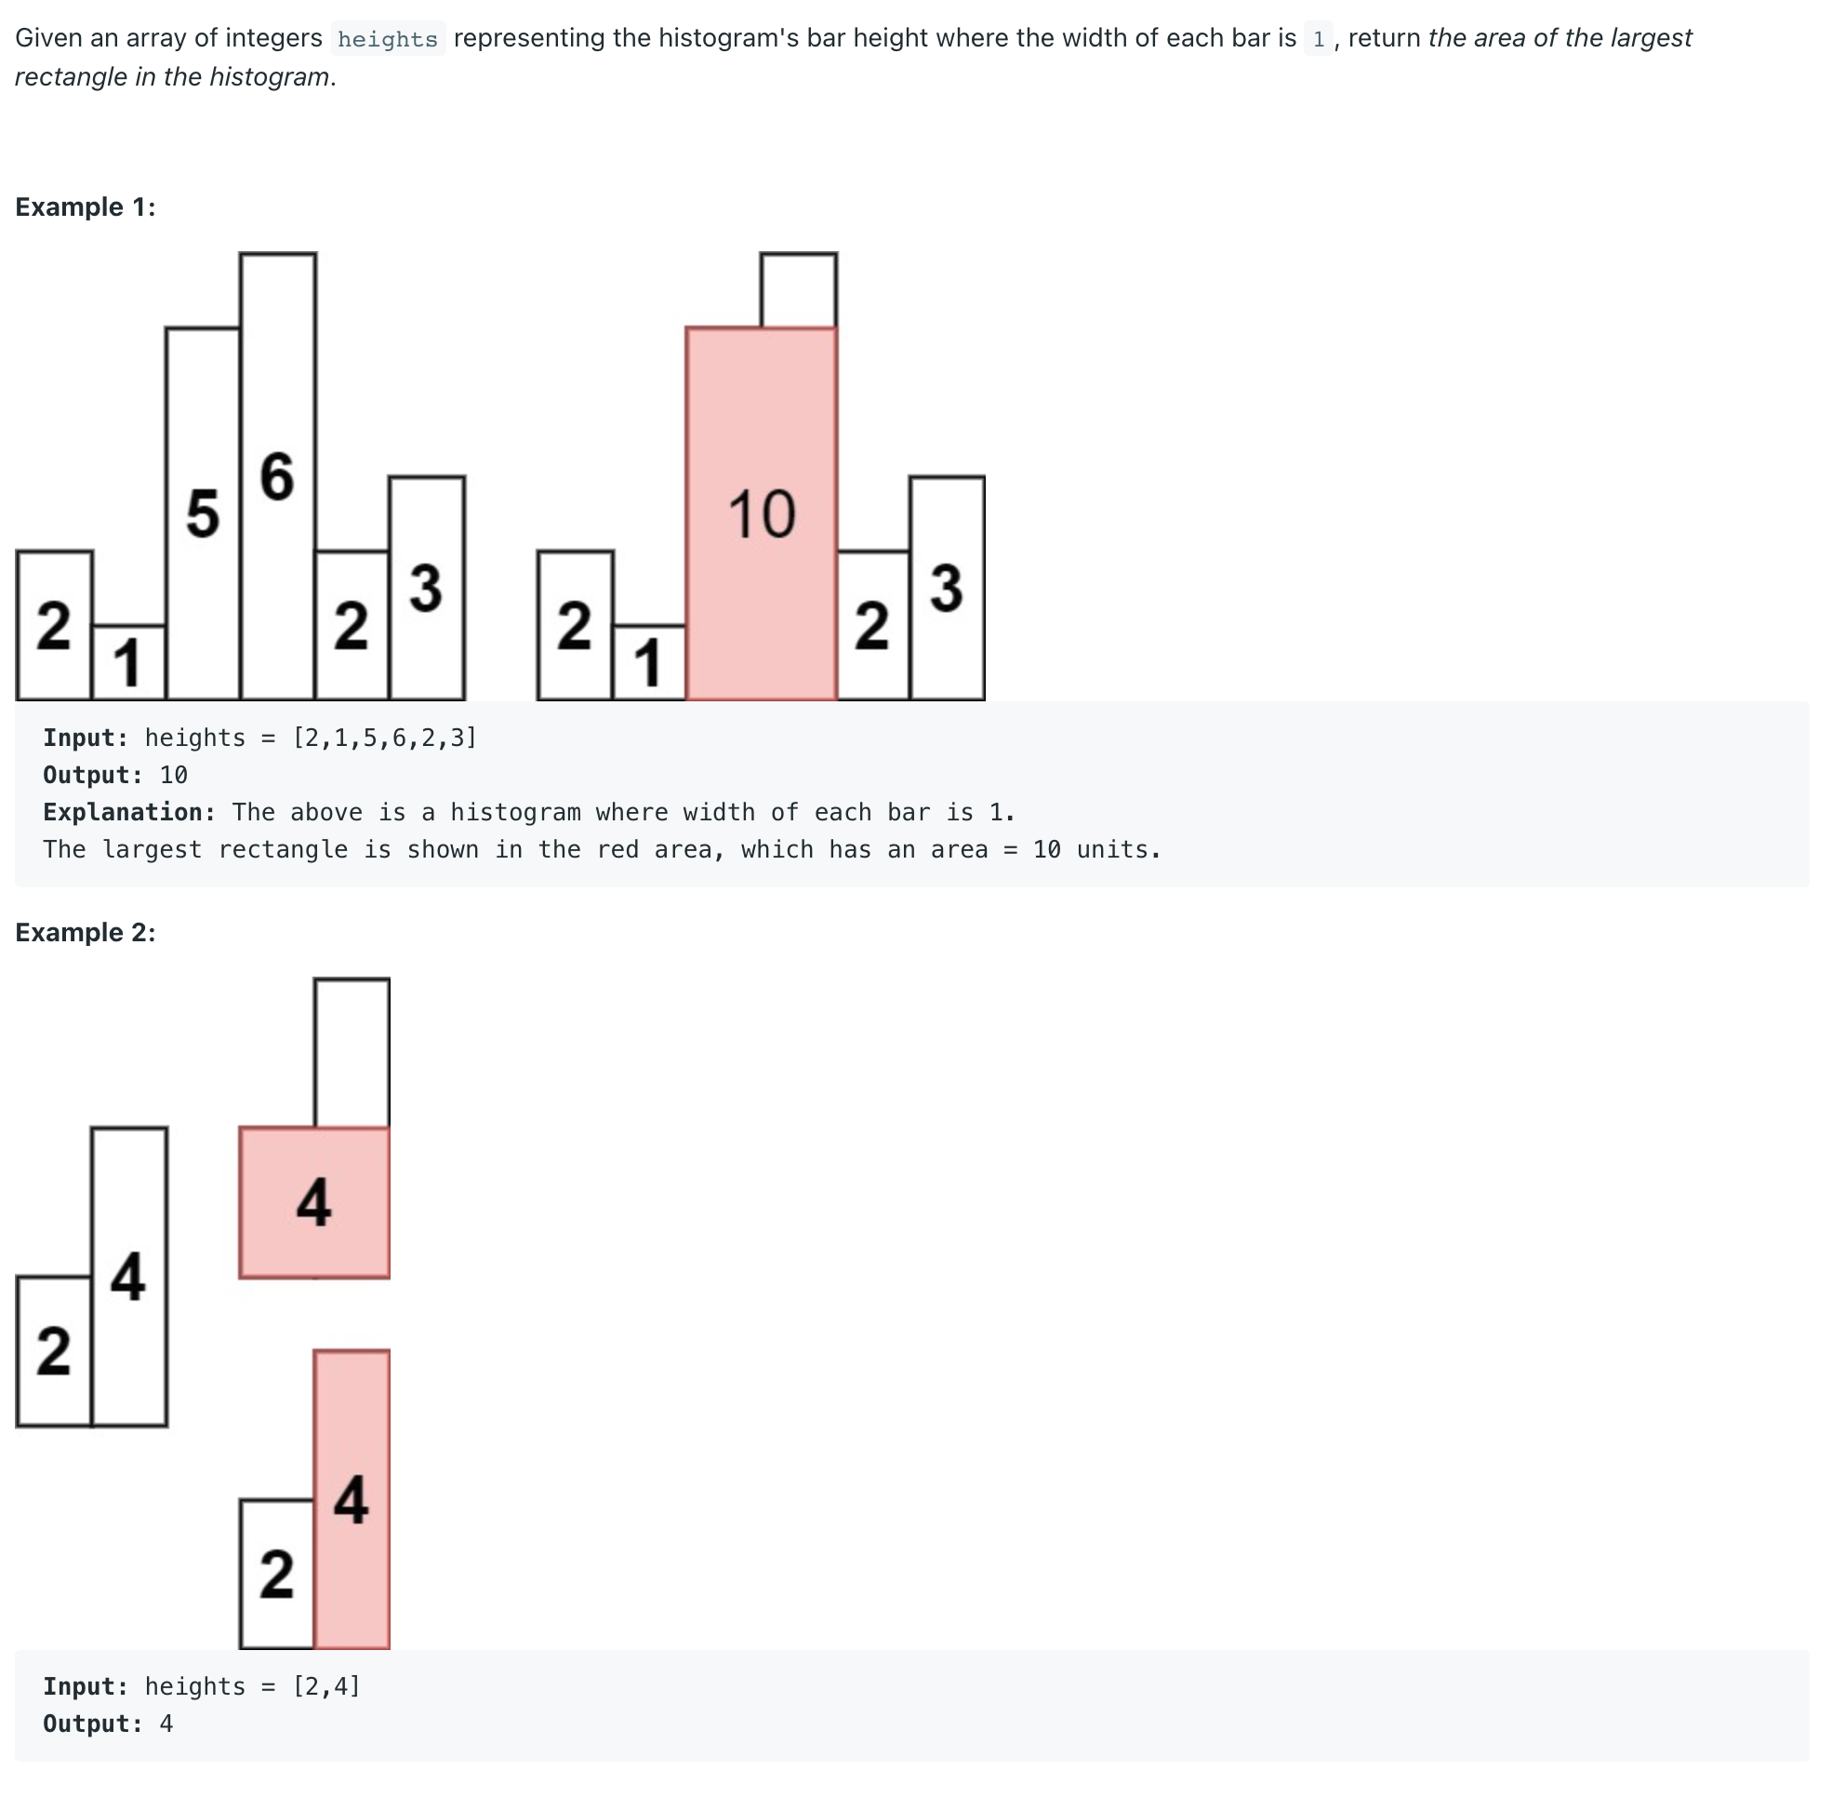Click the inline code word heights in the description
coord(388,39)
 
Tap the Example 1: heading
coord(85,206)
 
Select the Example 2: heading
coord(85,933)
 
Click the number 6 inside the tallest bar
coord(277,476)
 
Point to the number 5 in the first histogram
coord(202,514)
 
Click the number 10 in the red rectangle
coord(762,514)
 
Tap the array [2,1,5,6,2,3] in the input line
coord(385,739)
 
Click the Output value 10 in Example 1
coord(174,776)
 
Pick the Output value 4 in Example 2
coord(166,1724)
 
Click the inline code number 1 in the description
coord(1319,39)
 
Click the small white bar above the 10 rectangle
coord(799,290)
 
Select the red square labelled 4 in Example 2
coord(314,1203)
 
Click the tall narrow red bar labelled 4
coord(352,1499)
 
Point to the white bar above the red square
coord(352,1052)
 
